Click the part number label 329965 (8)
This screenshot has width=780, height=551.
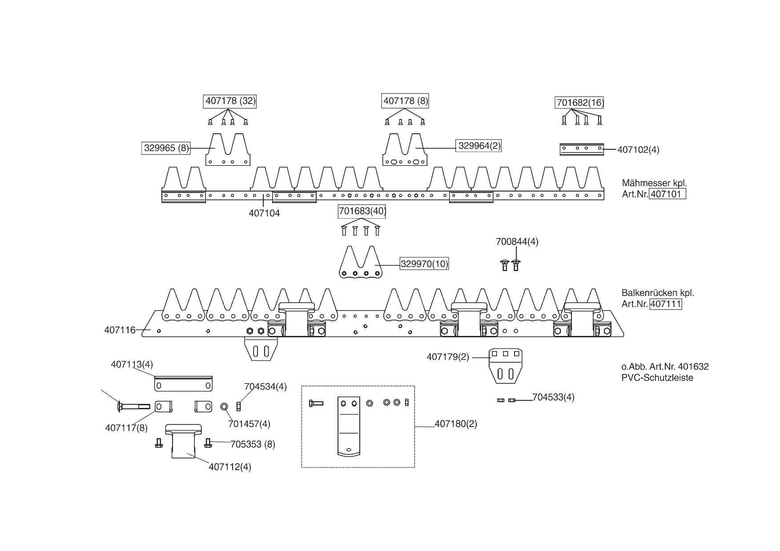pyautogui.click(x=166, y=148)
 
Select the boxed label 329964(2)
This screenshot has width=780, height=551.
pyautogui.click(x=479, y=146)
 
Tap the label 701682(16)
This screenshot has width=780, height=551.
pyautogui.click(x=580, y=103)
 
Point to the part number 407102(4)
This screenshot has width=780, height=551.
pyautogui.click(x=638, y=150)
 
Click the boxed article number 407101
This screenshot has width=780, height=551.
pyautogui.click(x=667, y=194)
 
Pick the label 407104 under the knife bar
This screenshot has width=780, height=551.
pyautogui.click(x=264, y=213)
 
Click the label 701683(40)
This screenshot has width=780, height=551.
pyautogui.click(x=362, y=211)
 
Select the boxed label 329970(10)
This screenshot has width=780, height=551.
pyautogui.click(x=424, y=264)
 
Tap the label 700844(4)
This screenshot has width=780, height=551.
pyautogui.click(x=517, y=242)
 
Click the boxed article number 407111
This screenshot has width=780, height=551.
pyautogui.click(x=666, y=304)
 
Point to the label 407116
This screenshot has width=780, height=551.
pyautogui.click(x=120, y=330)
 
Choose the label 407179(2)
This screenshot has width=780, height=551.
pyautogui.click(x=447, y=357)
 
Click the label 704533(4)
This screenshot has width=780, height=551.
pyautogui.click(x=553, y=397)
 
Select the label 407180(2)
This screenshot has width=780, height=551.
pyautogui.click(x=455, y=424)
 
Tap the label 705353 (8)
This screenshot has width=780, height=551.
pyautogui.click(x=253, y=444)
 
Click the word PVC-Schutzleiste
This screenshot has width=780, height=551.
pyautogui.click(x=657, y=378)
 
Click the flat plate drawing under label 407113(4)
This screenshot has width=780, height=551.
pyautogui.click(x=183, y=384)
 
